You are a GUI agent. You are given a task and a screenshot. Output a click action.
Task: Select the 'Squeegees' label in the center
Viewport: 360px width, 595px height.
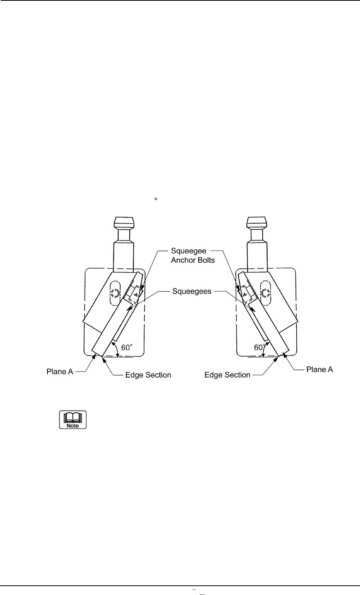[192, 292]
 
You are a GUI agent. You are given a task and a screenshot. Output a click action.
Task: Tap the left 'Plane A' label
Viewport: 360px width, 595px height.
[58, 371]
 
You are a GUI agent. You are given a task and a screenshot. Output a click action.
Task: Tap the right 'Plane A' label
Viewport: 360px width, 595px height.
[319, 370]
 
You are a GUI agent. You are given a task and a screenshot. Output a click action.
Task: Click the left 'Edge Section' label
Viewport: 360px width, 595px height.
[148, 375]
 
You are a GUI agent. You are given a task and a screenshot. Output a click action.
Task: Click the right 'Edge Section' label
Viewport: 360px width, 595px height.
[227, 375]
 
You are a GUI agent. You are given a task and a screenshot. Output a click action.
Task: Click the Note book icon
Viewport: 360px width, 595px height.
[73, 420]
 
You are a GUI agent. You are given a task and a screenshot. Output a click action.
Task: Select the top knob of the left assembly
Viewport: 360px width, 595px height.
[124, 223]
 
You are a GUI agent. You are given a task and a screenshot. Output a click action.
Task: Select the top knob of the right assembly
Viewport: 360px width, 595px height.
[257, 223]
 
